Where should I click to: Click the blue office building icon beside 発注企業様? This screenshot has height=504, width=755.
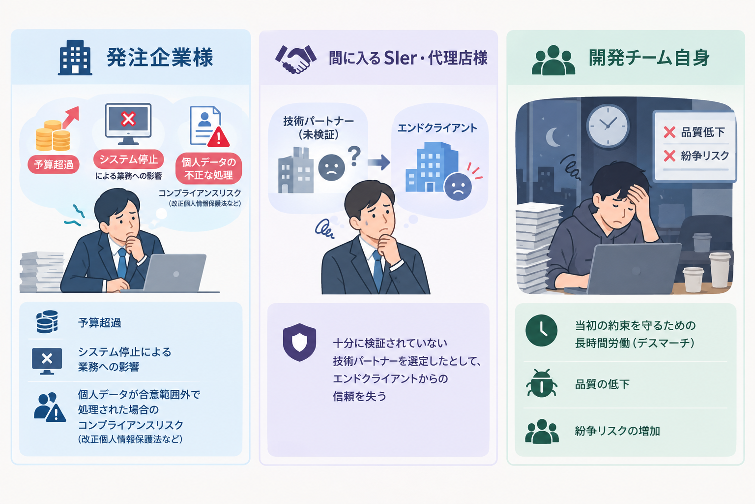(75, 58)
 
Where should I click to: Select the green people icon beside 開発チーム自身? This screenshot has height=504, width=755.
(553, 60)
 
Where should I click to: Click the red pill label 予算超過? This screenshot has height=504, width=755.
(54, 164)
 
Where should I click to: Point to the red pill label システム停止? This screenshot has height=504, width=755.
(128, 159)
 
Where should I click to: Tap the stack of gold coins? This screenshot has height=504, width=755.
(53, 135)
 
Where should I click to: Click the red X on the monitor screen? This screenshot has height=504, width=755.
(128, 119)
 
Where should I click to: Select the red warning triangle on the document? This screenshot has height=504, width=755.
(218, 137)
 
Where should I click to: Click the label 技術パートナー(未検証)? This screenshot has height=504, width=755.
(318, 127)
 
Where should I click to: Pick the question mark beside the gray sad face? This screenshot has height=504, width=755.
(354, 156)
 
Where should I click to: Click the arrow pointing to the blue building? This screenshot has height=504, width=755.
(378, 162)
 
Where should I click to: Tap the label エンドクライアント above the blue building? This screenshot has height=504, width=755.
(437, 128)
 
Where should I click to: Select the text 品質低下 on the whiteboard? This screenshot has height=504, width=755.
(703, 132)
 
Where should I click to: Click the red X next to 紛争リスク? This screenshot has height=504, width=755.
(669, 156)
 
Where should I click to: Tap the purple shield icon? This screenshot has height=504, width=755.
(299, 342)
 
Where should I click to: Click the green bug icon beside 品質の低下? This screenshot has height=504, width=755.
(541, 383)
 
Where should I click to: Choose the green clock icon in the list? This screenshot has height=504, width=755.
(541, 330)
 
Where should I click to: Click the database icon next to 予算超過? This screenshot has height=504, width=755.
(47, 322)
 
